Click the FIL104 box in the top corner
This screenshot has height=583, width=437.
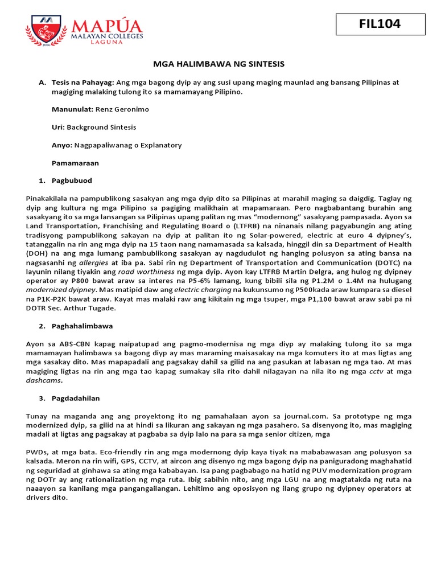coord(380,24)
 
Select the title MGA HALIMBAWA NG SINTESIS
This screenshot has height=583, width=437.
coord(220,64)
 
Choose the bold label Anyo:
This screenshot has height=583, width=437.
coord(62,145)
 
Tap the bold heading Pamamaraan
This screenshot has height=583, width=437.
coord(75,163)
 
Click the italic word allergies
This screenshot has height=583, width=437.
coord(94,262)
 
